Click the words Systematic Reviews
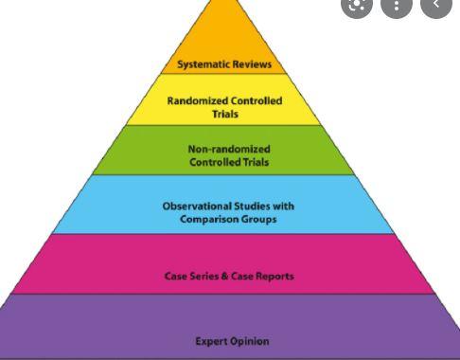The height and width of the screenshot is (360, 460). [224, 64]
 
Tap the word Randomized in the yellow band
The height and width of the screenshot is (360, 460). [196, 100]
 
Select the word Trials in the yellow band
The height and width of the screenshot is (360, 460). [224, 114]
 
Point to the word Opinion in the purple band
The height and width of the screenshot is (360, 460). [250, 341]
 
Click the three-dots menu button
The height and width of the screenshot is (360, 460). [397, 5]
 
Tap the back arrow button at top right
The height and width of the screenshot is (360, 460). [435, 5]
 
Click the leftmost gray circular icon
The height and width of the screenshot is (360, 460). [358, 5]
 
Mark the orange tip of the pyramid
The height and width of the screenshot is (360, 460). [224, 28]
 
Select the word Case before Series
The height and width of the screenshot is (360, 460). [175, 276]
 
